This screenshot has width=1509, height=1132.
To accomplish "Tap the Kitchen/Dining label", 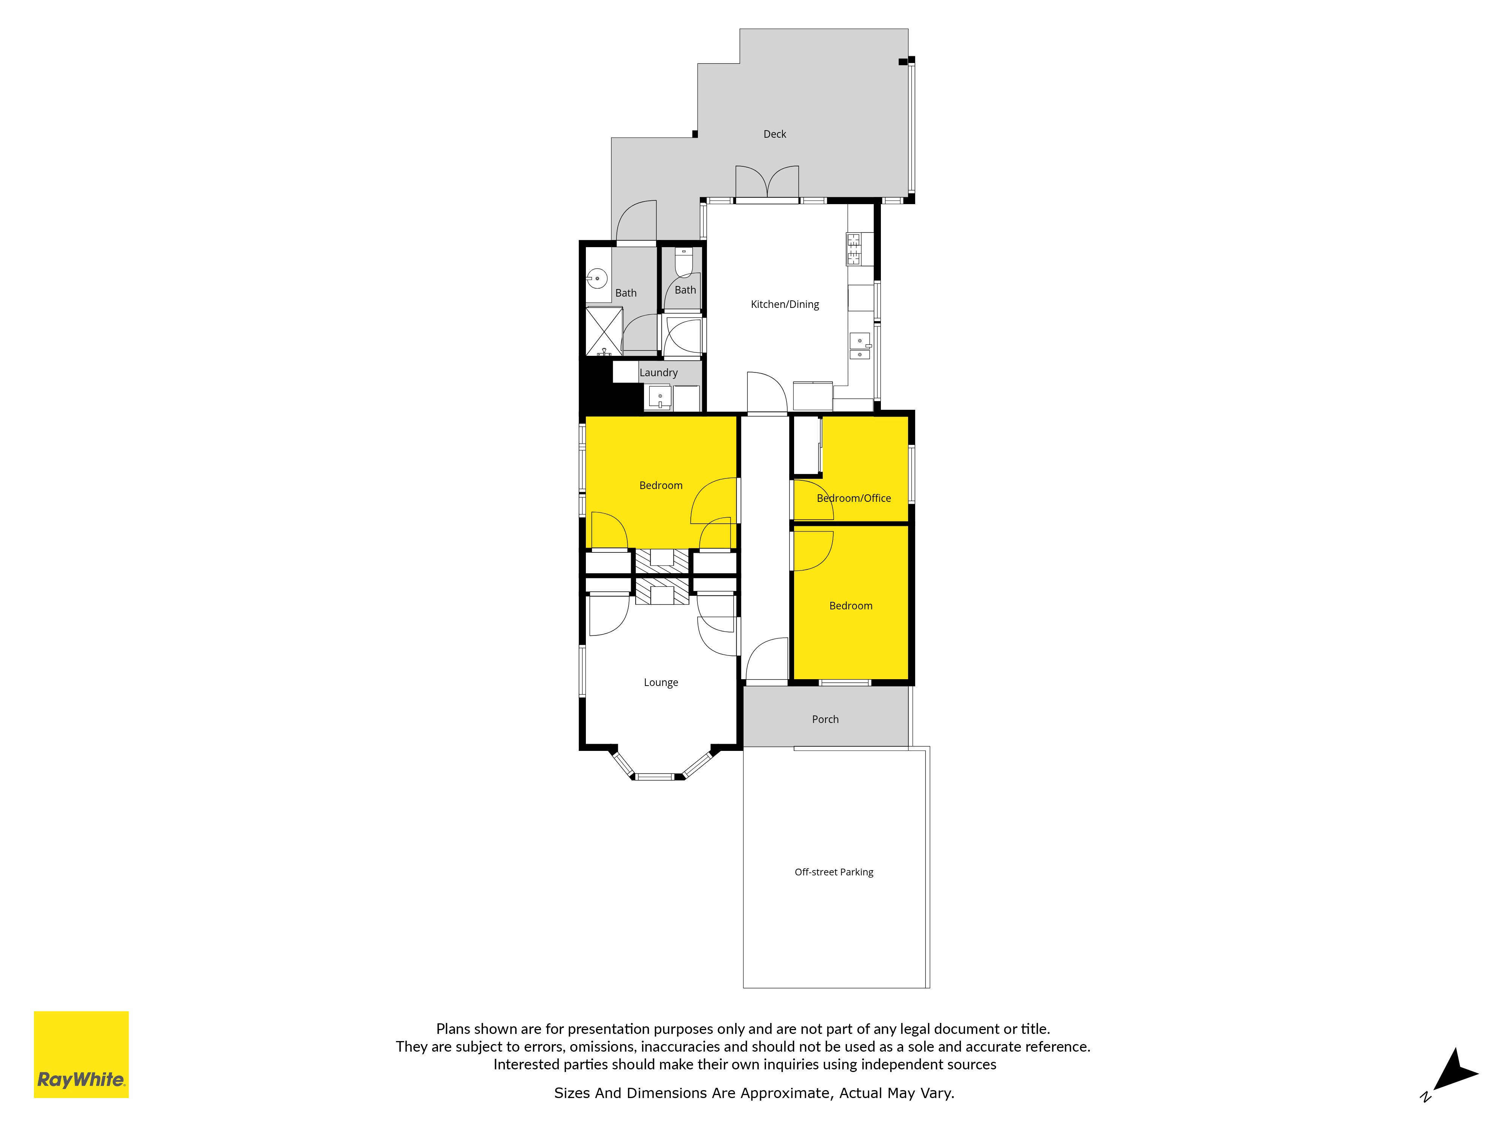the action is tap(785, 305).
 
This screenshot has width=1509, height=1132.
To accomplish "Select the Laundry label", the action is tap(658, 372).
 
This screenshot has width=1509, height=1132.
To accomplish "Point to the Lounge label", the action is tap(660, 682).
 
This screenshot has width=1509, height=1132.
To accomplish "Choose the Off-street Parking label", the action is tap(834, 872).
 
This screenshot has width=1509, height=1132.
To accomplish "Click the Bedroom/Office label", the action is tap(853, 498).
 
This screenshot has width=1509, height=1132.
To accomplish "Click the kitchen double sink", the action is tap(860, 346).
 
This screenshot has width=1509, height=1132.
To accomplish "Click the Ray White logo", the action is tap(81, 1054).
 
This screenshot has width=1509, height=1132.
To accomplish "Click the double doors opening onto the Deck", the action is tap(767, 183).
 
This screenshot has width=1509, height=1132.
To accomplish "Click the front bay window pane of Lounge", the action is tap(655, 777).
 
